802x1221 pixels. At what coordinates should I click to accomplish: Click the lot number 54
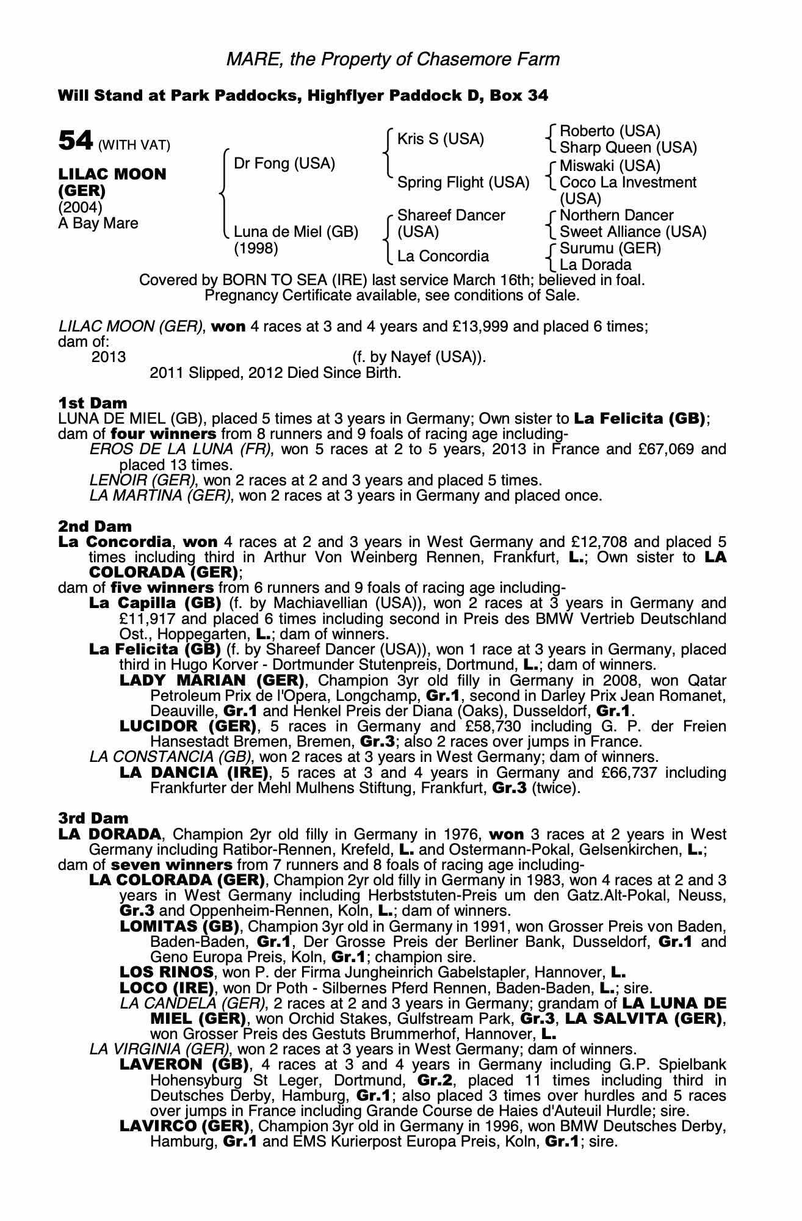point(75,141)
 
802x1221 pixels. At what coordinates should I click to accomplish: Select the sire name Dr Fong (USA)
point(284,164)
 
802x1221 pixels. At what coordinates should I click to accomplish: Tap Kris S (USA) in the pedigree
point(440,139)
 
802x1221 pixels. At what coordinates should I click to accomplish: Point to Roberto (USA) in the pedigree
point(610,131)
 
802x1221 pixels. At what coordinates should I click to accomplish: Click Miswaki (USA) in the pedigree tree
point(610,166)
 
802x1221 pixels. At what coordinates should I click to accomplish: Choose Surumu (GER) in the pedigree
point(610,248)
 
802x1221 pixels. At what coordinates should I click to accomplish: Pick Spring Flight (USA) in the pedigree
point(463,183)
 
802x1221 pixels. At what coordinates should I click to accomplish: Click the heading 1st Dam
point(92,403)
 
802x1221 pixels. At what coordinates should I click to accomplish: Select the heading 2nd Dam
point(95,526)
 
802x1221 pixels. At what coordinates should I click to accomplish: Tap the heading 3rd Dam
point(93,818)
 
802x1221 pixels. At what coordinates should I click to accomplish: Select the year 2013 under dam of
point(108,357)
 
